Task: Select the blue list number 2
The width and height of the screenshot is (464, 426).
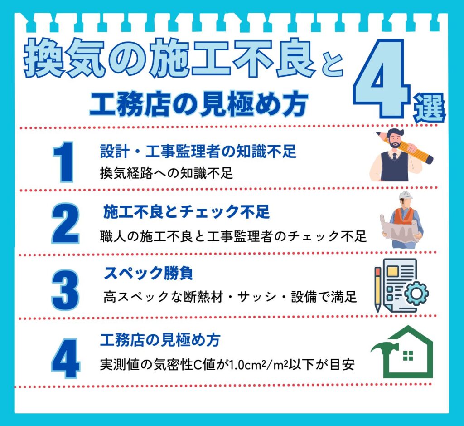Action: (65, 224)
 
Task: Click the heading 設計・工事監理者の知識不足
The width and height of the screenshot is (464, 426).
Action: (198, 152)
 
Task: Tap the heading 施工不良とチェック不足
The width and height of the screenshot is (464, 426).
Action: (186, 211)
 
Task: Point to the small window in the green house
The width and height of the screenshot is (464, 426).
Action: (408, 356)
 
